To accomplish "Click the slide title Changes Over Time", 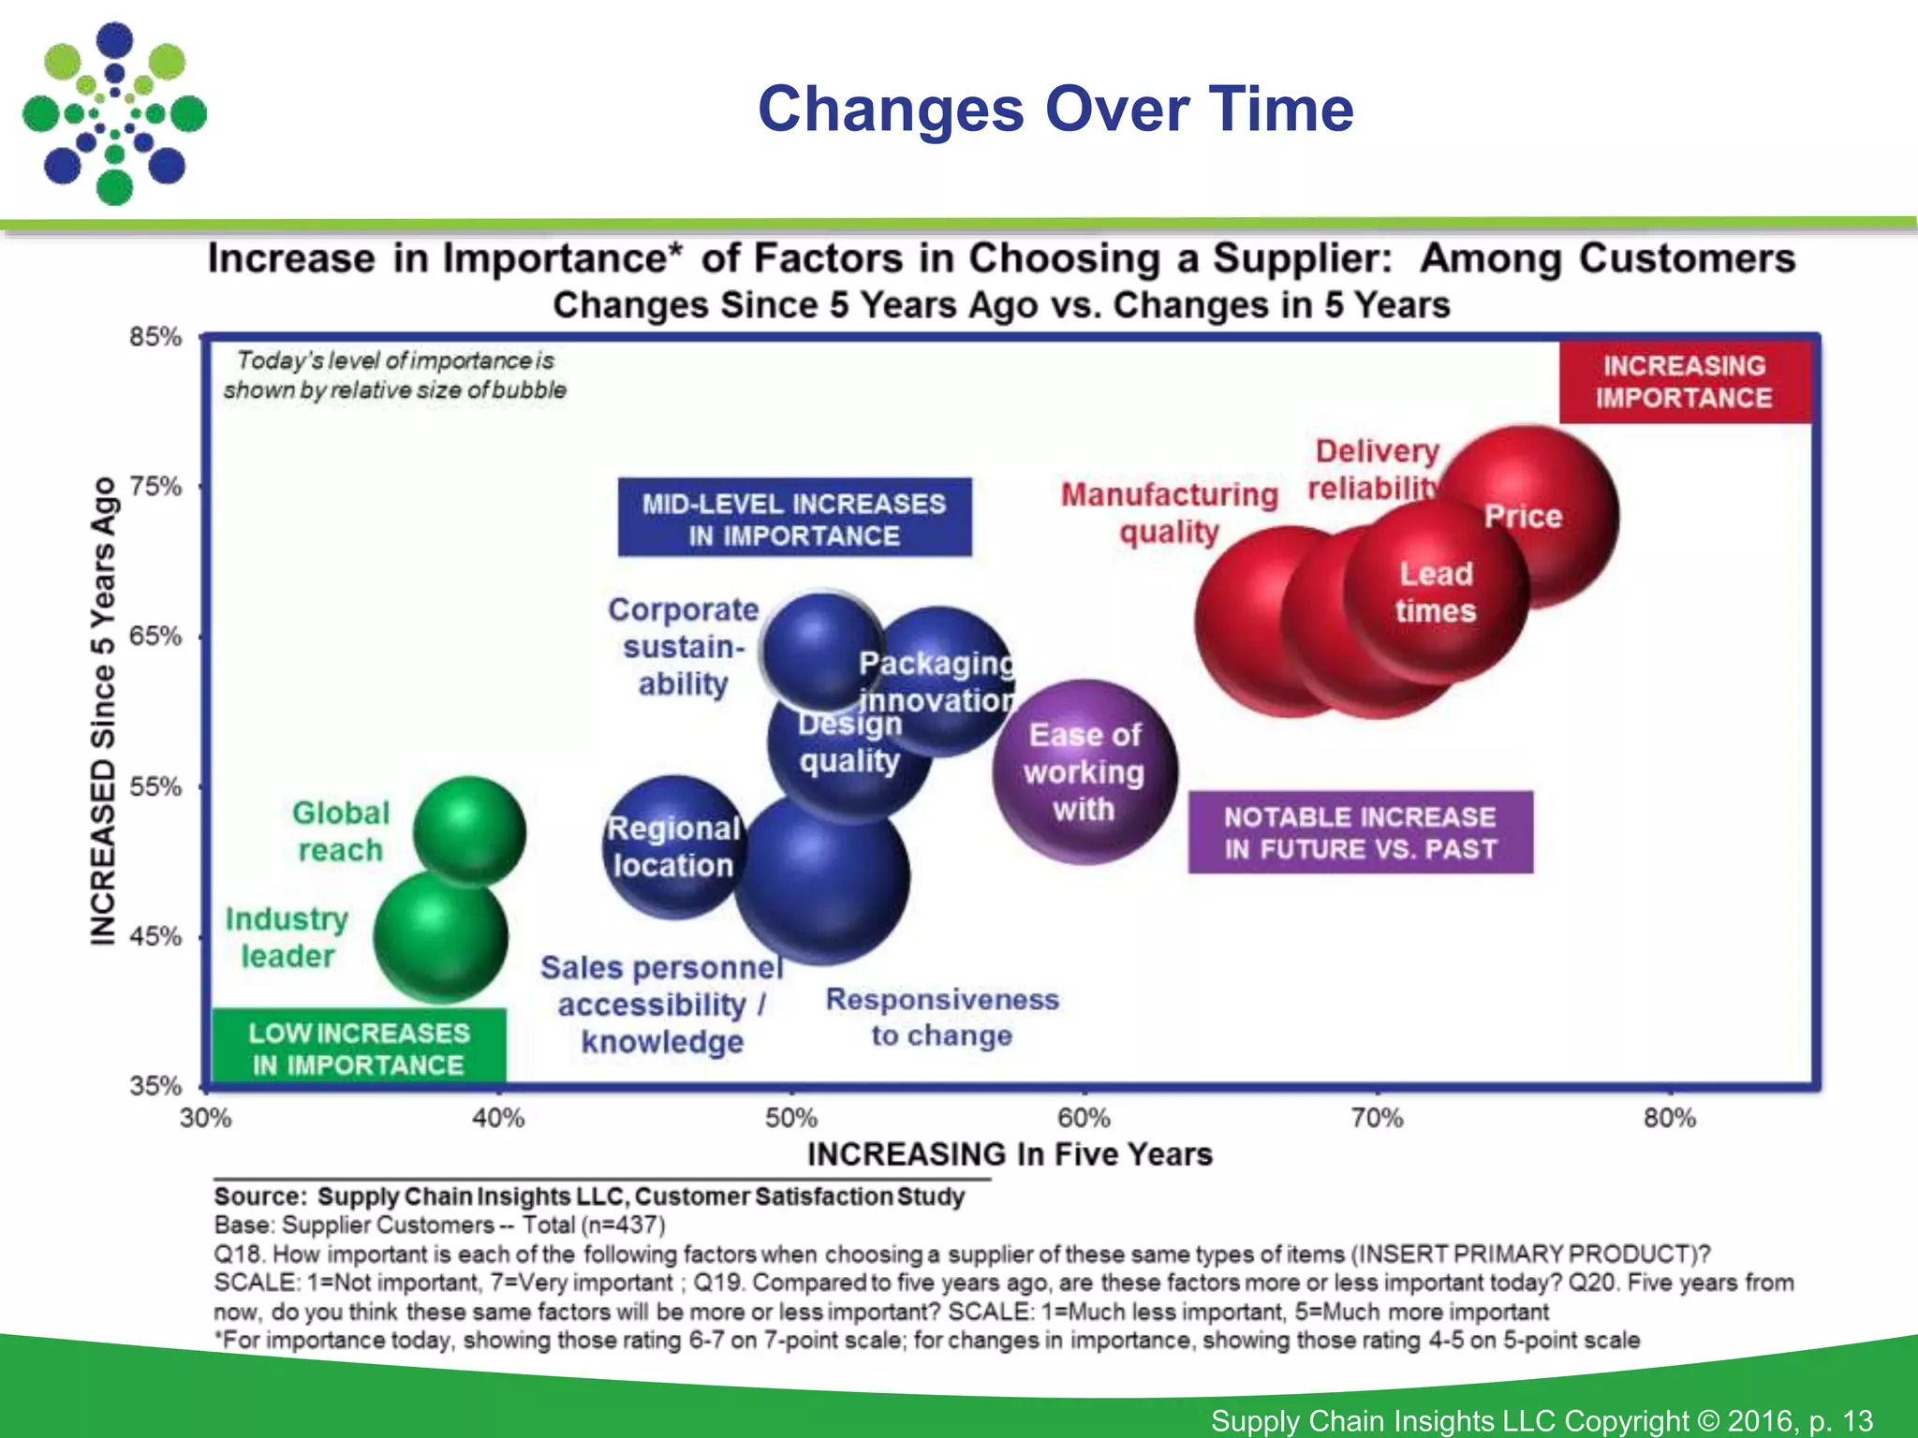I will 1055,109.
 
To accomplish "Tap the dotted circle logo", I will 114,114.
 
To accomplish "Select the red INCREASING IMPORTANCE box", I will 1684,382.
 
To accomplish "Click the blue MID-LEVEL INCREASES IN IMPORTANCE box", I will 794,519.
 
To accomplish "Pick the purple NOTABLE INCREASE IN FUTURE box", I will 1360,832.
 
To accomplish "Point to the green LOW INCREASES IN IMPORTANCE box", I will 359,1048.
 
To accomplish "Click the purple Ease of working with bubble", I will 1084,772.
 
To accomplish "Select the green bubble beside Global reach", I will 469,830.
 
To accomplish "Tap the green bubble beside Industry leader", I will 440,936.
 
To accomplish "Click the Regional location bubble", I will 672,847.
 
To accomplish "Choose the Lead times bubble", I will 1435,593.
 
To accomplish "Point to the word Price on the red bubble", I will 1523,517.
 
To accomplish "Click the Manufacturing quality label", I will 1169,512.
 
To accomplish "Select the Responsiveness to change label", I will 942,1018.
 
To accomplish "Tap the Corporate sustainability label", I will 684,647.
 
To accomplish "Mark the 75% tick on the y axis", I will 155,486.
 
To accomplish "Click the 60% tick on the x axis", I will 1084,1118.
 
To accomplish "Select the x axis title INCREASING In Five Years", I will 1010,1154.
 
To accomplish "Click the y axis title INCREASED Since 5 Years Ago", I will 103,712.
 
